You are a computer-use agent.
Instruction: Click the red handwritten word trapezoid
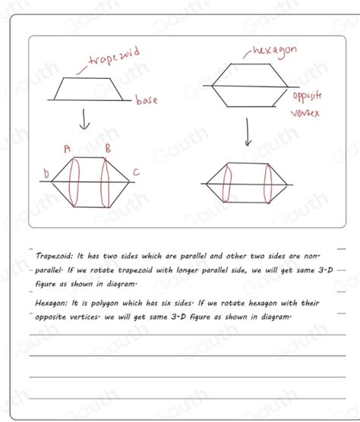pyautogui.click(x=115, y=58)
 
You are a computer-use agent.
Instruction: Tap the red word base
pyautogui.click(x=147, y=100)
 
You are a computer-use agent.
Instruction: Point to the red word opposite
pyautogui.click(x=307, y=96)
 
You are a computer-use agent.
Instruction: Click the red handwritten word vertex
pyautogui.click(x=305, y=113)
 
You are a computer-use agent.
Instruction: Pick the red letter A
pyautogui.click(x=67, y=149)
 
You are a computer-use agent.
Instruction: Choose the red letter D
pyautogui.click(x=46, y=175)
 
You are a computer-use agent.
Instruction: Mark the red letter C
pyautogui.click(x=136, y=173)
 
